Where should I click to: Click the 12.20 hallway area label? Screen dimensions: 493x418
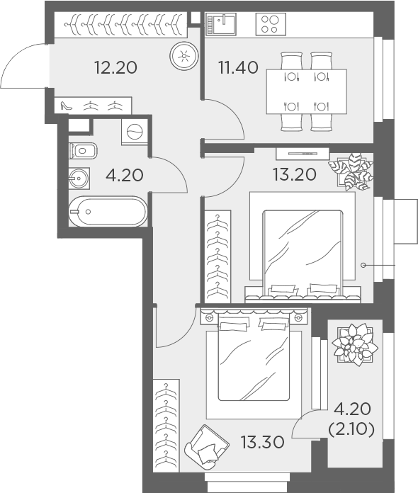coord(115,68)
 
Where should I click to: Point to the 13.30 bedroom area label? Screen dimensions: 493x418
coord(262,443)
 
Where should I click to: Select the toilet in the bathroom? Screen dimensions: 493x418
coord(82,150)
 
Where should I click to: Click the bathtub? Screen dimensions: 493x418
coord(108,211)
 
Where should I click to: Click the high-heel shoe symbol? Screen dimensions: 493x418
coord(67,106)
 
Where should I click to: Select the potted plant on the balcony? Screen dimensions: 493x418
coord(354,344)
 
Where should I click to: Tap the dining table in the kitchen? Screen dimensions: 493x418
coord(306,91)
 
